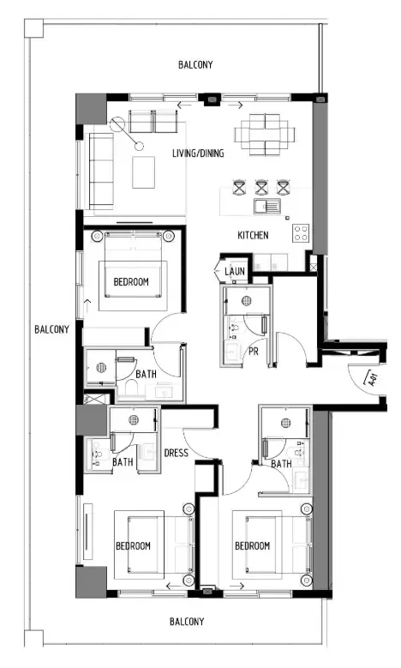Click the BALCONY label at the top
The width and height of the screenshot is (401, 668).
click(195, 65)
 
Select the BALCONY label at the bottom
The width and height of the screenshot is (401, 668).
click(186, 621)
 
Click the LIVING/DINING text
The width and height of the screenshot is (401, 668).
click(199, 154)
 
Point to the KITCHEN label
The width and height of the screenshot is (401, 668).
click(253, 235)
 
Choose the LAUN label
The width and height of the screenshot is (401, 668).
click(235, 272)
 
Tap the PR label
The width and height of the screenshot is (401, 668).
click(254, 352)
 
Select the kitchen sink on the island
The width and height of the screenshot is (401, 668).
click(263, 206)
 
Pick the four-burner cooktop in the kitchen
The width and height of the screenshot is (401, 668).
click(302, 232)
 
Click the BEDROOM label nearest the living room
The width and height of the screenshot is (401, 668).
click(131, 281)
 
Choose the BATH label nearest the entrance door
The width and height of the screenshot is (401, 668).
click(281, 464)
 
